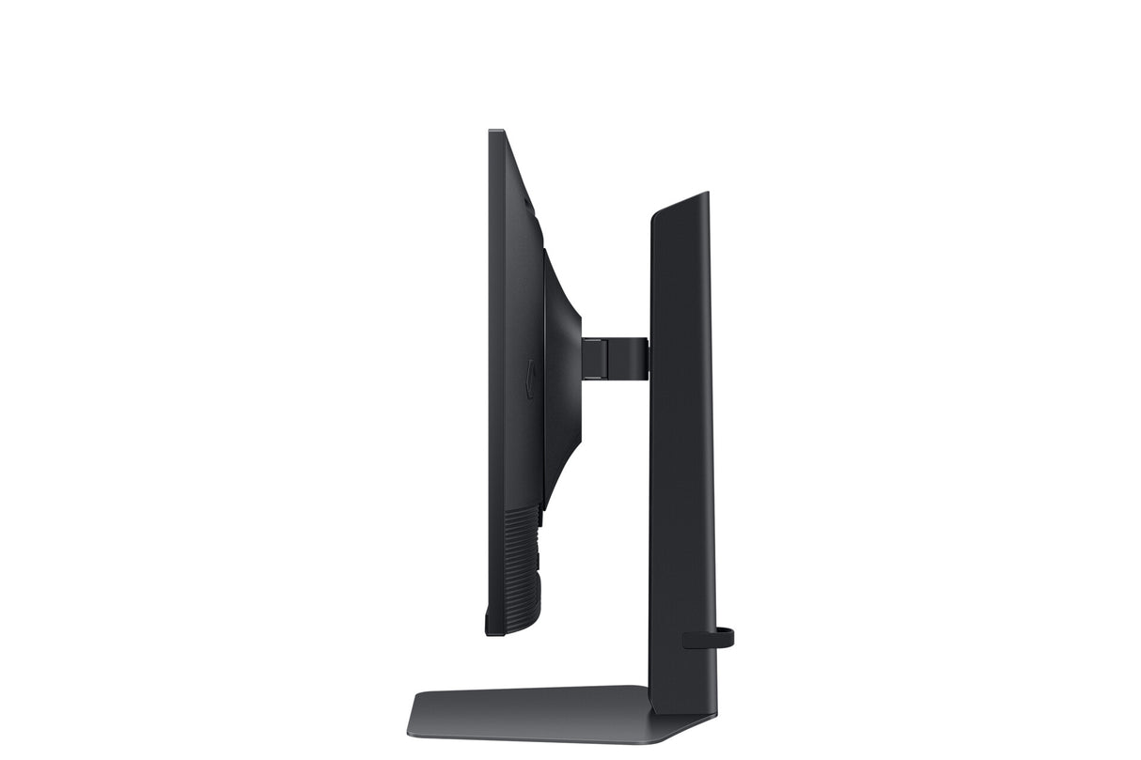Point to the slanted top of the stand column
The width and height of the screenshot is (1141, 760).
[x=680, y=203]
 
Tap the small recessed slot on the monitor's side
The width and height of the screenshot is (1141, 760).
[x=529, y=379]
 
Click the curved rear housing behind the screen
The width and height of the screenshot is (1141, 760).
[x=561, y=376]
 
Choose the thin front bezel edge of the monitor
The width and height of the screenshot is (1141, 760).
[x=491, y=376]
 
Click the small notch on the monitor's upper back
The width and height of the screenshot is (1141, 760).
[x=527, y=201]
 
